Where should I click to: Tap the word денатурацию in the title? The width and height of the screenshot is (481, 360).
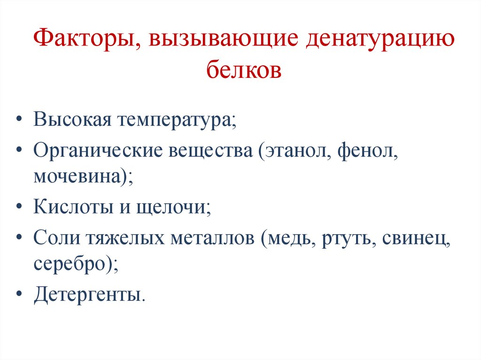click(x=380, y=39)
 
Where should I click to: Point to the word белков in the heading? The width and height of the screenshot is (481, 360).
click(x=244, y=70)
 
